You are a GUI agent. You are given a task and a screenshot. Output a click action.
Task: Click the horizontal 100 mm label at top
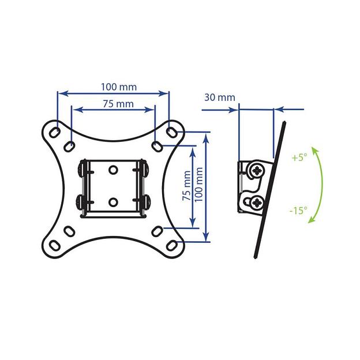pyautogui.click(x=119, y=87)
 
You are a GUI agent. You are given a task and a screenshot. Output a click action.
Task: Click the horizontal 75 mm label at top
pyautogui.click(x=118, y=104)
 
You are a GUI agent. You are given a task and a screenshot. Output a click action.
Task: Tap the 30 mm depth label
pyautogui.click(x=220, y=97)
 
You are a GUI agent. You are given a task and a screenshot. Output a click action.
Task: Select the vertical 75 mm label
pyautogui.click(x=187, y=186)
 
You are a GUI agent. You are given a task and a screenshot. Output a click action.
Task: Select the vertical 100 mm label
pyautogui.click(x=199, y=185)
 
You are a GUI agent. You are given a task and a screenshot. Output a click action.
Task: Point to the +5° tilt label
pyautogui.click(x=299, y=157)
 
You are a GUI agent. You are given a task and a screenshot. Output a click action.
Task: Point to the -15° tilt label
pyautogui.click(x=298, y=211)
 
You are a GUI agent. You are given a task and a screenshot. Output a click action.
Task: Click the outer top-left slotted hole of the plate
pyautogui.click(x=55, y=133)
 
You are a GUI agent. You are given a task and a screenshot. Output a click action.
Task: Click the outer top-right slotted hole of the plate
pyautogui.click(x=171, y=133)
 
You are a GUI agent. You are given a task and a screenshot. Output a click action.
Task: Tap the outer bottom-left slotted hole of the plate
pyautogui.click(x=55, y=245)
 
